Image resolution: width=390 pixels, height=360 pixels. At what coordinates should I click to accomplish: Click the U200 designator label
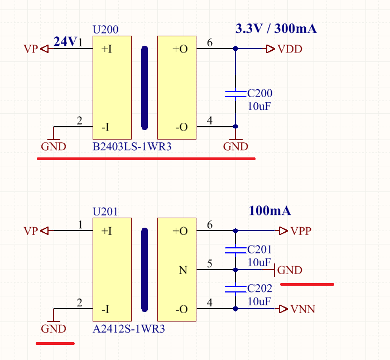click(x=105, y=30)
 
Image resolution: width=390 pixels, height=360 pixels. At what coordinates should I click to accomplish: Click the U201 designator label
click(x=105, y=212)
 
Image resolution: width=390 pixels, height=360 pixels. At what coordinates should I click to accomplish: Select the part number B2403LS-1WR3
click(x=132, y=147)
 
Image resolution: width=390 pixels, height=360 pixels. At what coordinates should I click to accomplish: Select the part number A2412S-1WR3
click(x=128, y=329)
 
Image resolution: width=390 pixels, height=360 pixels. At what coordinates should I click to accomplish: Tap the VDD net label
click(x=290, y=49)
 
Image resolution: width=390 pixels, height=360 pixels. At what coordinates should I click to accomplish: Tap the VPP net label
click(x=301, y=231)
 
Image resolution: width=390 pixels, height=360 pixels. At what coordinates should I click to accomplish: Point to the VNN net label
click(x=303, y=309)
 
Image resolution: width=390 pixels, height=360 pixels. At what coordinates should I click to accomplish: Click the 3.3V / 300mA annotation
click(x=276, y=28)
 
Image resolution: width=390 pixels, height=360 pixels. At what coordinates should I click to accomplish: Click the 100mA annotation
click(x=270, y=211)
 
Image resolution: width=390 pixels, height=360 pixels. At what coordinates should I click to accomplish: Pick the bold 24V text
click(x=65, y=41)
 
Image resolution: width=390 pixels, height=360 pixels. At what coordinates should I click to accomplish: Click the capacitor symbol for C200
click(x=235, y=94)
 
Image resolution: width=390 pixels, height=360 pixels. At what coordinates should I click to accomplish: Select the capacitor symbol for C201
click(x=235, y=250)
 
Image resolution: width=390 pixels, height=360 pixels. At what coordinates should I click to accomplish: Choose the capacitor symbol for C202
click(x=235, y=289)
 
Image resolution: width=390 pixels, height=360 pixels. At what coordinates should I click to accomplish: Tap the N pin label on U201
click(x=183, y=270)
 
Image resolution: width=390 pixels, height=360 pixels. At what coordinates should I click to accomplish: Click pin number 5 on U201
click(x=210, y=263)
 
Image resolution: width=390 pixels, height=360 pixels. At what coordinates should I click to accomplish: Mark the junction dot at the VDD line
click(x=235, y=49)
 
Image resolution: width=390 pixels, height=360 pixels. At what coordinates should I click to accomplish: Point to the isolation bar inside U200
click(x=145, y=88)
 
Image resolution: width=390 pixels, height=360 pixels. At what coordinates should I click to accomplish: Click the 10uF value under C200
click(x=259, y=107)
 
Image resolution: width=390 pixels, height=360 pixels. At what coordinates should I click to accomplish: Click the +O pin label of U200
click(x=180, y=49)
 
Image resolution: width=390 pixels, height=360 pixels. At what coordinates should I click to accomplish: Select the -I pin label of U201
click(x=105, y=309)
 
